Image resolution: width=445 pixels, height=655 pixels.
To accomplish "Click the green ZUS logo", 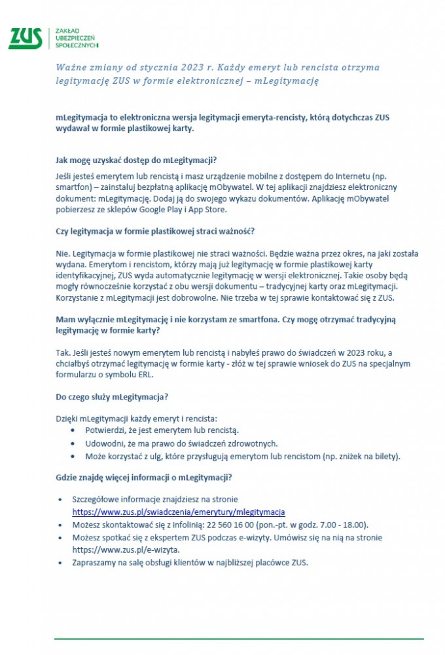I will tap(25, 39).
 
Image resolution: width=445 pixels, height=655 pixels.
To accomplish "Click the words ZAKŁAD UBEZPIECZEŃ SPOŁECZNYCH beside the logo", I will tap(77, 39).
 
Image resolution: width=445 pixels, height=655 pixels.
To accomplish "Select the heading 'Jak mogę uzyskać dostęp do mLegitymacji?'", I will tap(136, 160).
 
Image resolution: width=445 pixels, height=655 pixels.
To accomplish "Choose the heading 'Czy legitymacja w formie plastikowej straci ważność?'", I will tap(155, 231).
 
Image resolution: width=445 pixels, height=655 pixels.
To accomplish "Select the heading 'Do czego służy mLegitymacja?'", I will tap(113, 397).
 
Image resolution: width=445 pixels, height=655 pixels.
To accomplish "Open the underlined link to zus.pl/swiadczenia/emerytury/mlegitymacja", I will tap(178, 512).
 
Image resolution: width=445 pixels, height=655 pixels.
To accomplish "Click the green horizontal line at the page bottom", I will tap(238, 638).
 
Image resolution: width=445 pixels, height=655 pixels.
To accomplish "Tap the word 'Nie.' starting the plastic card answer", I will tap(63, 253).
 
